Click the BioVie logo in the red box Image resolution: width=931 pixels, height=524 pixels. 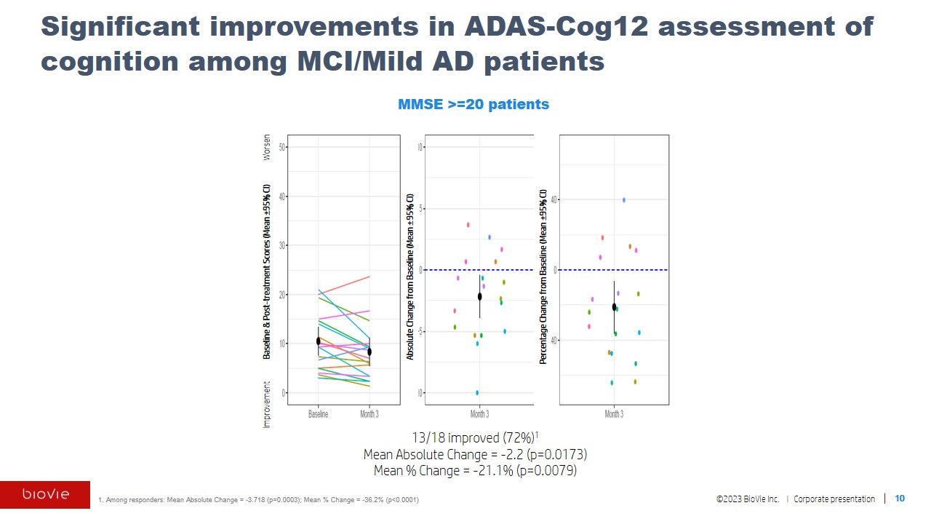(x=45, y=495)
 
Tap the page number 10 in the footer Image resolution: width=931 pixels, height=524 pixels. (x=900, y=499)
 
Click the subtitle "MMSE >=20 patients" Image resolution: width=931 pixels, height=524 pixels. (x=473, y=104)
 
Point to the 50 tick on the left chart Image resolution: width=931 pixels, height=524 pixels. (x=282, y=147)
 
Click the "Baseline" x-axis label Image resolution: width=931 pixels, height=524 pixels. (x=318, y=414)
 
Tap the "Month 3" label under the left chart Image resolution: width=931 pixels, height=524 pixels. (x=369, y=414)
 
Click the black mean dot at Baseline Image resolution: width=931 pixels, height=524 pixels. (x=318, y=341)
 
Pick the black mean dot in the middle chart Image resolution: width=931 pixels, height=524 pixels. (x=480, y=296)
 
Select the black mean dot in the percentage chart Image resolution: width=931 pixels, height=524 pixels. (x=614, y=307)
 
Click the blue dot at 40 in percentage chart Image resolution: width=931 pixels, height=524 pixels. (x=623, y=199)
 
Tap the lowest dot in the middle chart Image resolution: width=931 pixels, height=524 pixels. (x=477, y=392)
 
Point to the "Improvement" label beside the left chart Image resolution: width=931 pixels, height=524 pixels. (x=267, y=404)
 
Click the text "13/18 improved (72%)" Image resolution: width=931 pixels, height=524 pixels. (x=473, y=437)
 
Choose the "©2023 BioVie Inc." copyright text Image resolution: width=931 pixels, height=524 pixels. (x=748, y=499)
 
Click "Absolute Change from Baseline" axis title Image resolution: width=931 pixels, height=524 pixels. (x=410, y=277)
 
